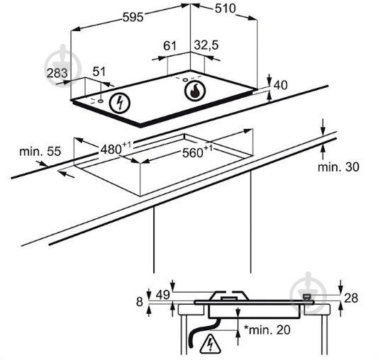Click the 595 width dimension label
point(133,17)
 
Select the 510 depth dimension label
point(225,9)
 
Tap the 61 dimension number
point(170,46)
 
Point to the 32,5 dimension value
point(206,45)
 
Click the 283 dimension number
point(57,73)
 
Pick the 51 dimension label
point(99,72)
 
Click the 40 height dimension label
point(281,85)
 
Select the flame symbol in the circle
point(195,91)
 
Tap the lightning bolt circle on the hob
point(119,103)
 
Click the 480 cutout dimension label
point(116,148)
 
